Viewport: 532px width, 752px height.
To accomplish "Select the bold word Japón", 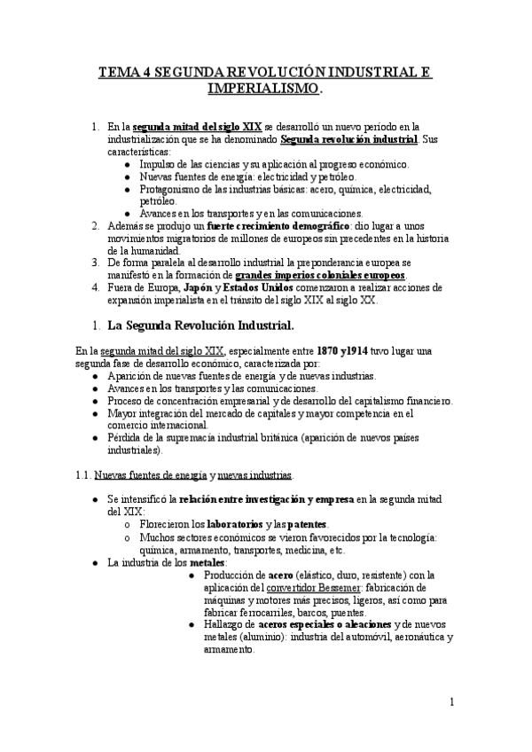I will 201,288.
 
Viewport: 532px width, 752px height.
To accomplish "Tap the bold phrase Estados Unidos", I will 259,288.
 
